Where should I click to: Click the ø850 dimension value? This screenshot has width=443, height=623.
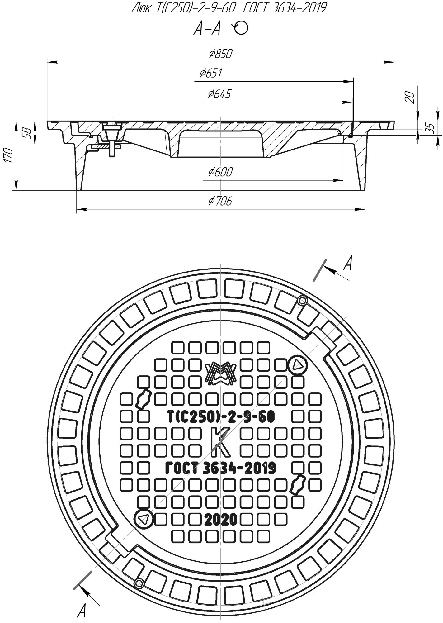tap(221, 54)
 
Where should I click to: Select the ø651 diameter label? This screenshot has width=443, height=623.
tap(211, 73)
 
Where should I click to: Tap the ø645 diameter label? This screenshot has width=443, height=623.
tap(219, 94)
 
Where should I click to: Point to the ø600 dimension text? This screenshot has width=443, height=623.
tap(220, 172)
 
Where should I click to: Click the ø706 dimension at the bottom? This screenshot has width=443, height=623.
tap(220, 202)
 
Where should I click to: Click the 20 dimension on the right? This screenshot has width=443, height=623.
tap(410, 97)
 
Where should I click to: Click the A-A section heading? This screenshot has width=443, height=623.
tap(207, 29)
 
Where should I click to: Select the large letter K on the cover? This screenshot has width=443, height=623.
tap(220, 441)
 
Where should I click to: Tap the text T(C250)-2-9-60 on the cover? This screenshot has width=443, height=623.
tap(221, 417)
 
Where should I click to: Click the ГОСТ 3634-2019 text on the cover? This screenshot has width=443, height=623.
tap(220, 468)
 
